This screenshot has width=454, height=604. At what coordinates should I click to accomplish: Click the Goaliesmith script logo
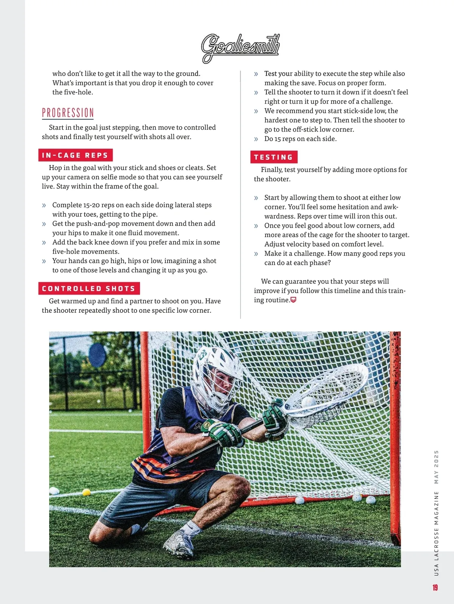tap(240, 47)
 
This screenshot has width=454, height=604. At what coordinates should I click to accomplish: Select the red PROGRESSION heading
tap(68, 113)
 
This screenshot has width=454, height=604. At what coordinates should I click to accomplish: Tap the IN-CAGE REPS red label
tap(75, 155)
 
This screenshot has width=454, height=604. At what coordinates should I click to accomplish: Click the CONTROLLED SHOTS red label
tap(89, 289)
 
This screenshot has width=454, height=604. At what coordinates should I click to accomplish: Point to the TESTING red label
tap(274, 157)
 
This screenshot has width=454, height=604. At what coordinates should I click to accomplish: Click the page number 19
tap(435, 587)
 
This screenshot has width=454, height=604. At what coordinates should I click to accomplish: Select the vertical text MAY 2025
tap(436, 467)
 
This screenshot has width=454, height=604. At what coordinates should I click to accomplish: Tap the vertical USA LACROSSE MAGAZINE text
tap(436, 533)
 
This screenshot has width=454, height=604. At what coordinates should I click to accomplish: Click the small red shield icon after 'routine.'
tap(293, 300)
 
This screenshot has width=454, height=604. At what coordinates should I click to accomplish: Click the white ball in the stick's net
tap(308, 402)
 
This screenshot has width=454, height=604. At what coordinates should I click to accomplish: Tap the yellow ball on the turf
tap(87, 492)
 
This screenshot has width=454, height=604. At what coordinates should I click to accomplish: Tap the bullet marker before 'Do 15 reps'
tap(256, 139)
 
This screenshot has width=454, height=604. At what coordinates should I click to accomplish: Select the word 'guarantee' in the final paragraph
tap(300, 281)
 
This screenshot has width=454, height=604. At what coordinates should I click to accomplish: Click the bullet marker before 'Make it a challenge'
tap(256, 254)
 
